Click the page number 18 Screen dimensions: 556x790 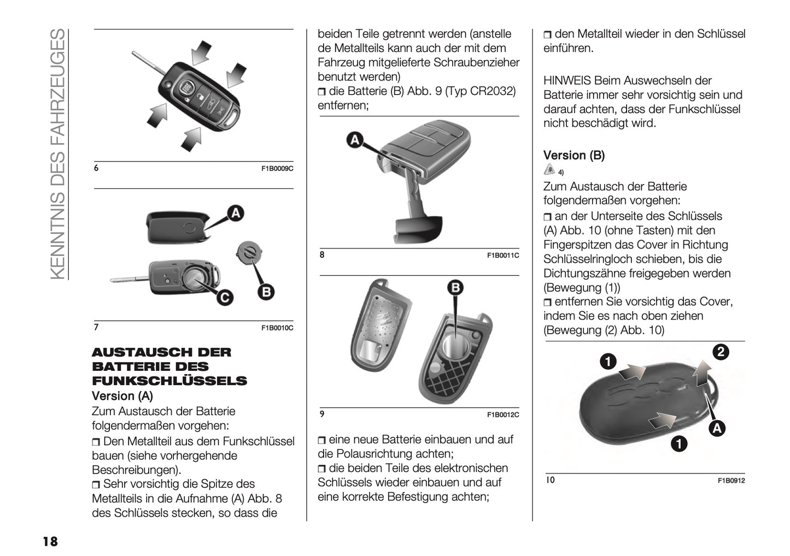coord(50,541)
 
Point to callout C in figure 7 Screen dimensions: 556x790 coord(224,297)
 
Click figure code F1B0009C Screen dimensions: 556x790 coord(277,168)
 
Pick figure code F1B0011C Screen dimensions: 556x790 coord(503,255)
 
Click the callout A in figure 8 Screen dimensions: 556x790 coord(355,140)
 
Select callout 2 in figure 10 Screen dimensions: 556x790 coord(721,352)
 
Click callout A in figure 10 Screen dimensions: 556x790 coord(717,429)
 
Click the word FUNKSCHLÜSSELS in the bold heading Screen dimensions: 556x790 coord(169,381)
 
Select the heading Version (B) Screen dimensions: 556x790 coord(574,155)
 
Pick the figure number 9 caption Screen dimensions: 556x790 coord(322,414)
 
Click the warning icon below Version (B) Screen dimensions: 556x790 coord(549,170)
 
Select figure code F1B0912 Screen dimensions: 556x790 coord(731,481)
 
